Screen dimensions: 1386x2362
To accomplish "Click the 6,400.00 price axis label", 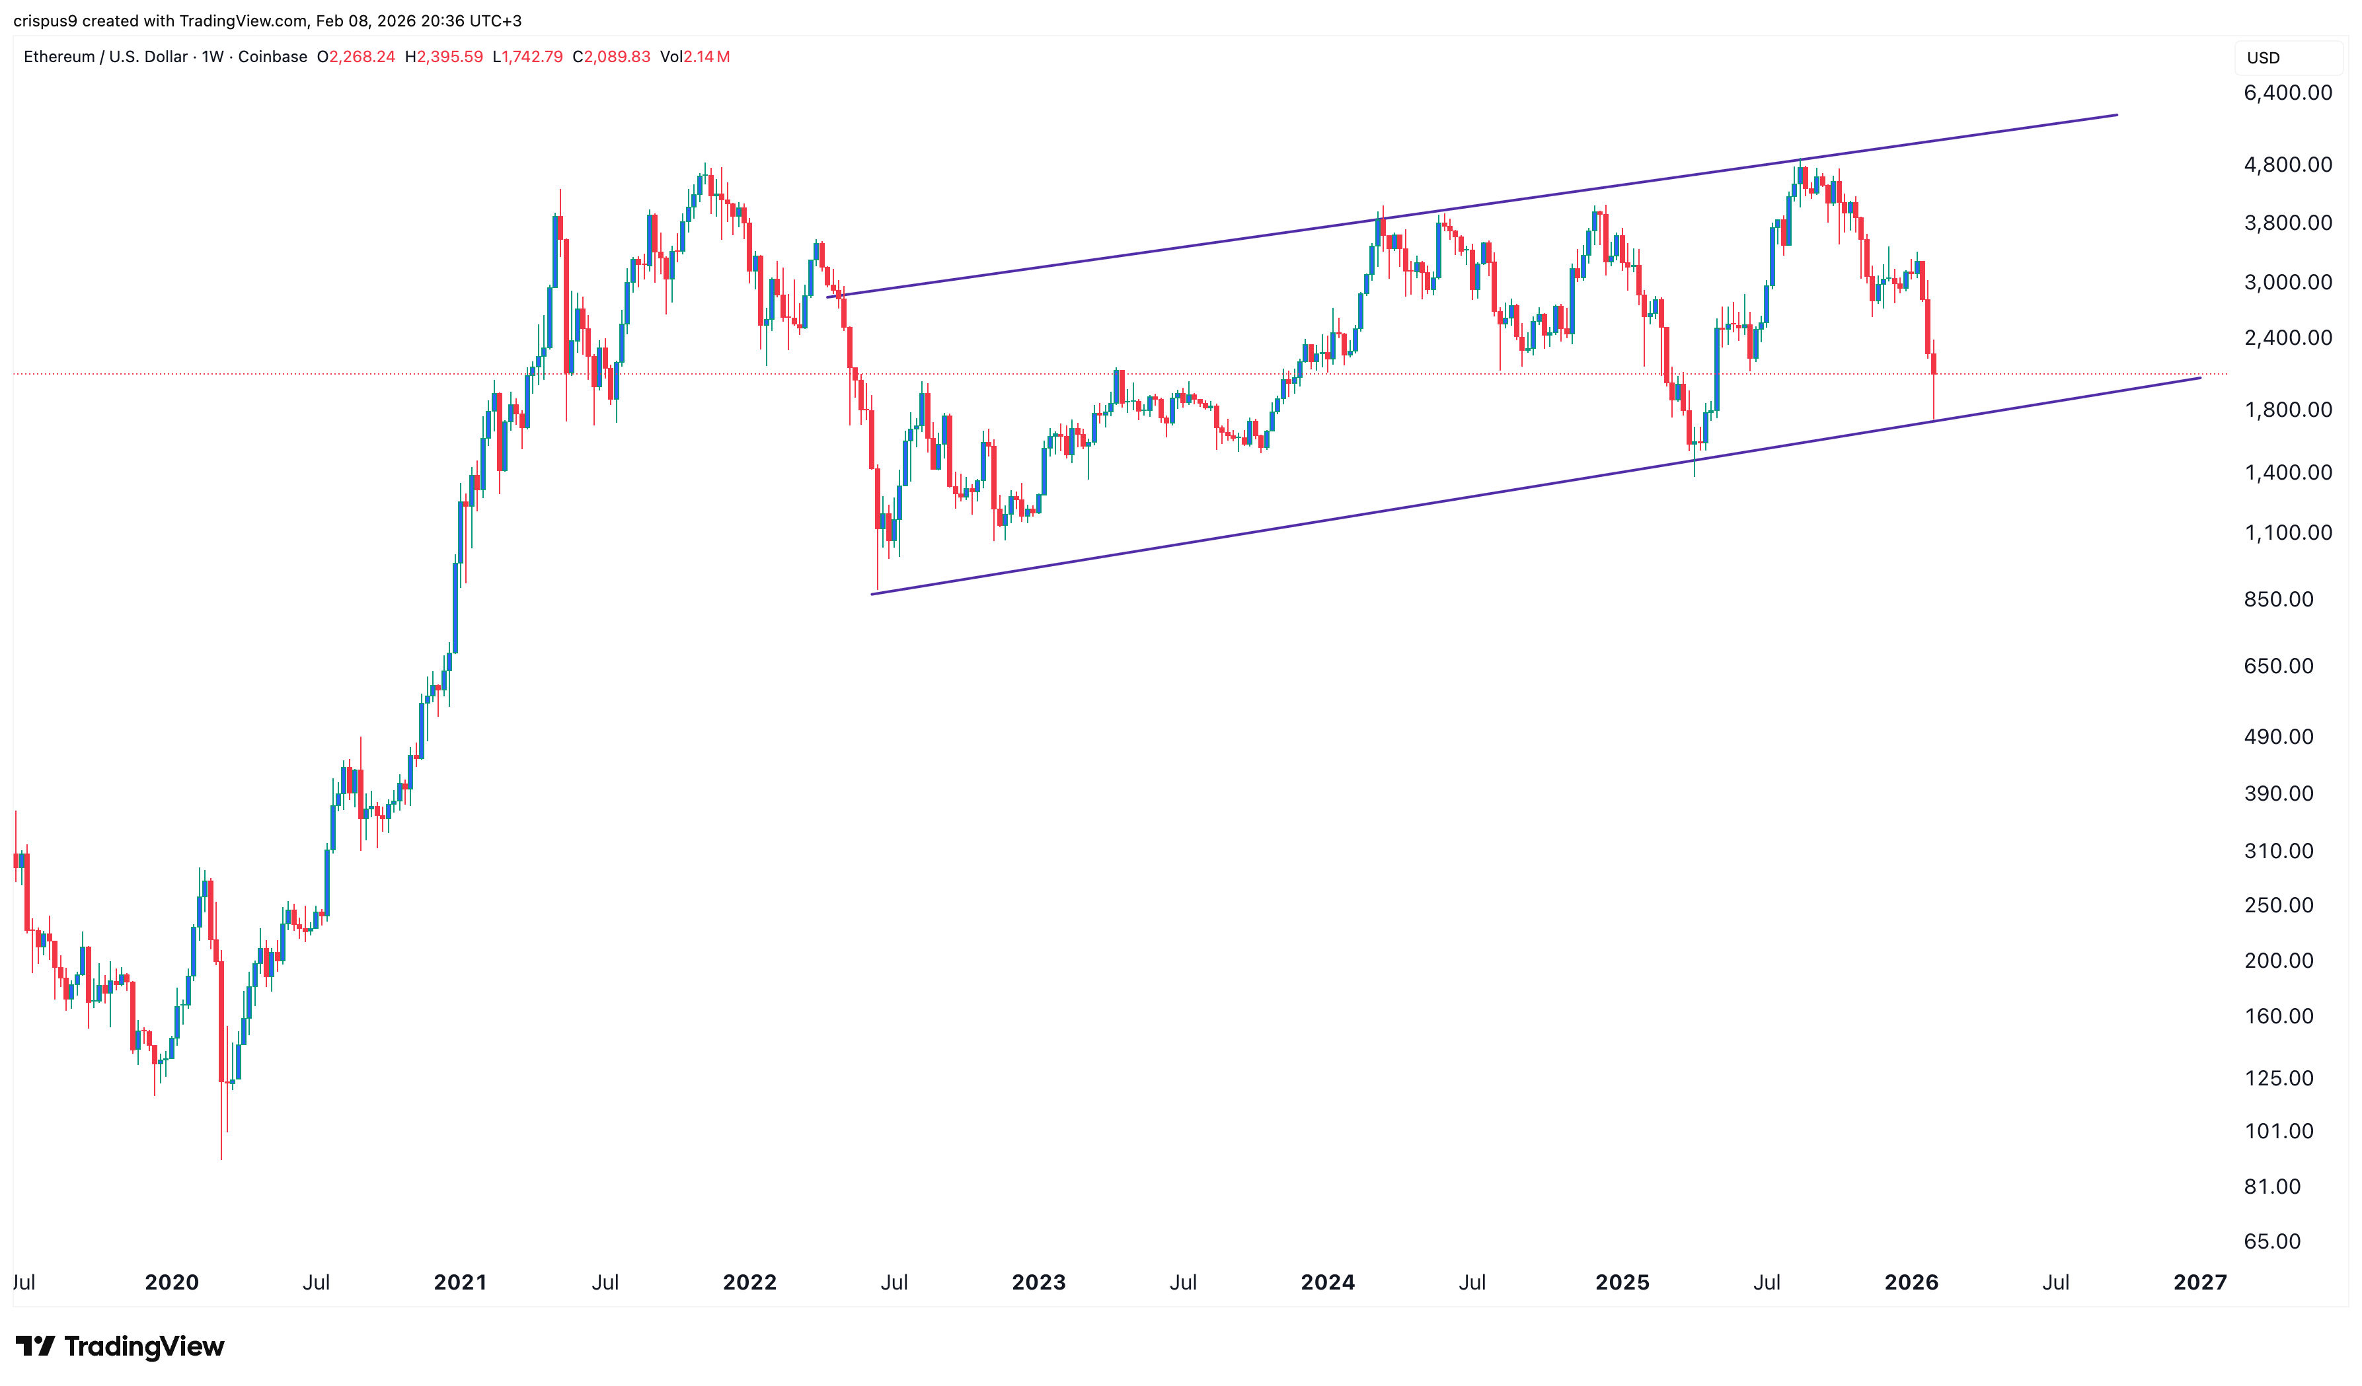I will coord(2287,92).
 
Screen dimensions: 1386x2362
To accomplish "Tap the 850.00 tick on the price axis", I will coord(2277,599).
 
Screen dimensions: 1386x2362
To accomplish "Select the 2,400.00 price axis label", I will coord(2287,338).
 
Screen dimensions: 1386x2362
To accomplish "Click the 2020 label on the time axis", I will coord(172,1282).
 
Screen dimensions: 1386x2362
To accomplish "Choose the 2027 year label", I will coord(2199,1282).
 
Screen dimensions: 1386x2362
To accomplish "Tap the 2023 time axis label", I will coord(1038,1282).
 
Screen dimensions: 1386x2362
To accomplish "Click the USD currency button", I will coord(2263,58).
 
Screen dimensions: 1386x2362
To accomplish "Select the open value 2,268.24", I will coord(362,57).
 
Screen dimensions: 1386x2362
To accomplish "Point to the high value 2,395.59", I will coord(450,57).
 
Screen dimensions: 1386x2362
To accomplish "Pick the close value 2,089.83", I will coord(617,57).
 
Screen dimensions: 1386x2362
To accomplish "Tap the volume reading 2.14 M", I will coord(706,57).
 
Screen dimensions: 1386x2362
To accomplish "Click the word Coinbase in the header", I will coord(272,57).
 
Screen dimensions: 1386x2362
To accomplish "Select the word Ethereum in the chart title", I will coord(59,57).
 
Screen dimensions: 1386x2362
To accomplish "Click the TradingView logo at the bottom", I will coord(120,1346).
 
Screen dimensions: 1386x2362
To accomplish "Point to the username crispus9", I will coord(45,20).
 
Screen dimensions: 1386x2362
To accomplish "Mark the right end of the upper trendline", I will coord(2116,115).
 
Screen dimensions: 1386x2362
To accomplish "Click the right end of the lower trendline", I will coord(2200,379).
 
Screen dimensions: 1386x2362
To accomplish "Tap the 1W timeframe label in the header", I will coord(213,57).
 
